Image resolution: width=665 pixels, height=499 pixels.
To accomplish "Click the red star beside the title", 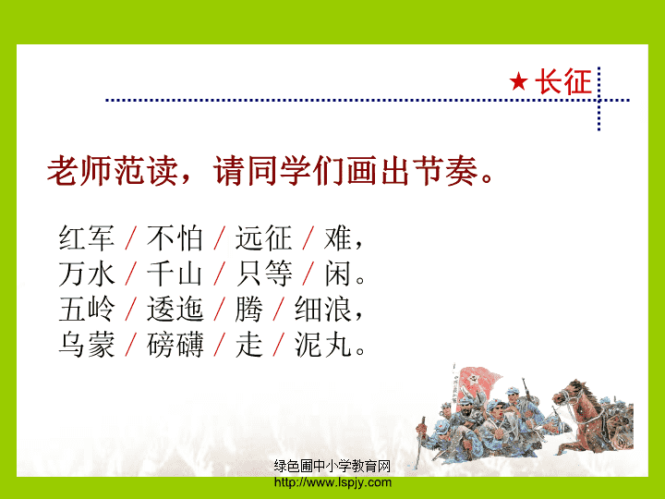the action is click(518, 81).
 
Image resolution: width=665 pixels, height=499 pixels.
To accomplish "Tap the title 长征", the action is click(562, 81).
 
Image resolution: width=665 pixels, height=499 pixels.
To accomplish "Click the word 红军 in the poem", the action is click(87, 237).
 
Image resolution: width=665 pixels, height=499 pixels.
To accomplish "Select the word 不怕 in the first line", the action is click(175, 237).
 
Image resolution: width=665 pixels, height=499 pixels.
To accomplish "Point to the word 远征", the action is click(263, 237).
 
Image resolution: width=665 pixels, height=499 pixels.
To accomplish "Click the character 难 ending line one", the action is click(338, 237).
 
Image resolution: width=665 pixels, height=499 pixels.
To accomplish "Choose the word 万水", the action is click(87, 274).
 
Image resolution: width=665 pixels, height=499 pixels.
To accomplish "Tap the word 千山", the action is click(175, 274).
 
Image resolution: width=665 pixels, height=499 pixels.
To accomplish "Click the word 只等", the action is click(263, 274).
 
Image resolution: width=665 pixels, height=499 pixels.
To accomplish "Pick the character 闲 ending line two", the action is click(338, 274).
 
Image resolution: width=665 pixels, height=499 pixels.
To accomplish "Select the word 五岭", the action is click(87, 309).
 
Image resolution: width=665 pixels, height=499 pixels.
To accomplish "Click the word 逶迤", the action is click(175, 309).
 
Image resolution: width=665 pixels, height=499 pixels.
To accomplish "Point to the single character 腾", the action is click(249, 309).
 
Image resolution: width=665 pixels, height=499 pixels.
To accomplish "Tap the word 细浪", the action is click(323, 309).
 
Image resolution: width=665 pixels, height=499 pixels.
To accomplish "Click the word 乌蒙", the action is click(87, 345).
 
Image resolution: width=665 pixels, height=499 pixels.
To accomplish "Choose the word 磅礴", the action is click(175, 345).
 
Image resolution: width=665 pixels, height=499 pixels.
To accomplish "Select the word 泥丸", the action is click(323, 345).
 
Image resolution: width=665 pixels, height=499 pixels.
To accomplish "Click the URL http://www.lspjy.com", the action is click(332, 482).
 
